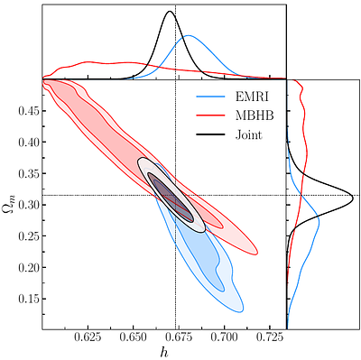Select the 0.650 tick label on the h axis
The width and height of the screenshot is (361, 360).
(133, 340)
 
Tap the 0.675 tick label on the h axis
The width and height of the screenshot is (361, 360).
(178, 340)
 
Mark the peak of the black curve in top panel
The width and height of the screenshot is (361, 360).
(169, 11)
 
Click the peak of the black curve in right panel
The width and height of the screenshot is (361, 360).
(352, 194)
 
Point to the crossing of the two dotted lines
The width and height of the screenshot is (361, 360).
(175, 195)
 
